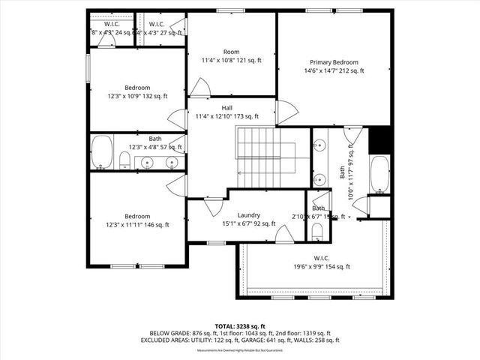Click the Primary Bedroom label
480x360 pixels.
tap(334, 62)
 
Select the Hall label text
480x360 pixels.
tap(226, 108)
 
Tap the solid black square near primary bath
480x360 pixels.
tap(381, 139)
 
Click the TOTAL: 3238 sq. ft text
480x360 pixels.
tap(240, 326)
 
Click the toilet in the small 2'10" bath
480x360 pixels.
tap(316, 231)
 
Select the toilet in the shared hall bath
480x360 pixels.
tap(124, 159)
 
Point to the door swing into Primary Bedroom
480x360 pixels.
tap(288, 112)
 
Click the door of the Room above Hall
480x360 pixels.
tap(199, 88)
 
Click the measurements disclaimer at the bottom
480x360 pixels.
tap(239, 350)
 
